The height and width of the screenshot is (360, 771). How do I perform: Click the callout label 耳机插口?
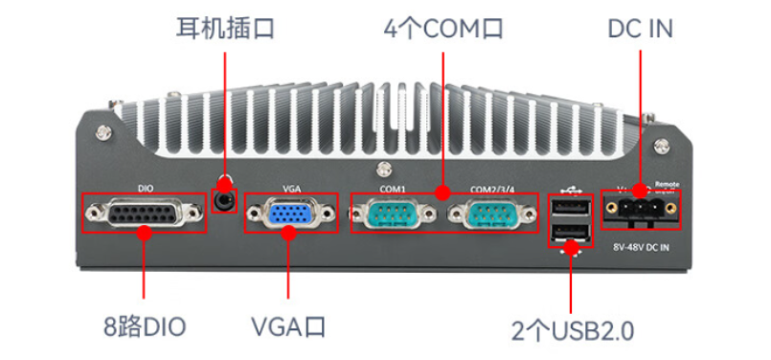pyautogui.click(x=225, y=28)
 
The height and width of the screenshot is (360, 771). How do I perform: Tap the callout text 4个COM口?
pyautogui.click(x=442, y=28)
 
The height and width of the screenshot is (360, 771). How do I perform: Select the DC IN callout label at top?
pyautogui.click(x=640, y=28)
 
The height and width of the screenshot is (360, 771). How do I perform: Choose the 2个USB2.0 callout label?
pyautogui.click(x=572, y=331)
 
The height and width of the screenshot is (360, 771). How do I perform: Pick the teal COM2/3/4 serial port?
pyautogui.click(x=492, y=213)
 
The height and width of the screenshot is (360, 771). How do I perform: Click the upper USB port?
pyautogui.click(x=569, y=208)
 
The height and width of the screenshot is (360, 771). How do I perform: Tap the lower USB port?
pyautogui.click(x=569, y=234)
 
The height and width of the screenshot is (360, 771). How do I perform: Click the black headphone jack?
pyautogui.click(x=226, y=200)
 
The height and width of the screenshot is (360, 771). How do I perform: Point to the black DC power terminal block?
pyautogui.click(x=640, y=209)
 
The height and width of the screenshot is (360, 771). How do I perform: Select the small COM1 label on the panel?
pyautogui.click(x=393, y=189)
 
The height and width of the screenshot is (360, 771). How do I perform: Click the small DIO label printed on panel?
pyautogui.click(x=145, y=189)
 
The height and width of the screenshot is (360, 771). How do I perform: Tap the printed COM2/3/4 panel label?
pyautogui.click(x=492, y=189)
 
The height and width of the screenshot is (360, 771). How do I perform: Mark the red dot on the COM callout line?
pyautogui.click(x=442, y=193)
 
